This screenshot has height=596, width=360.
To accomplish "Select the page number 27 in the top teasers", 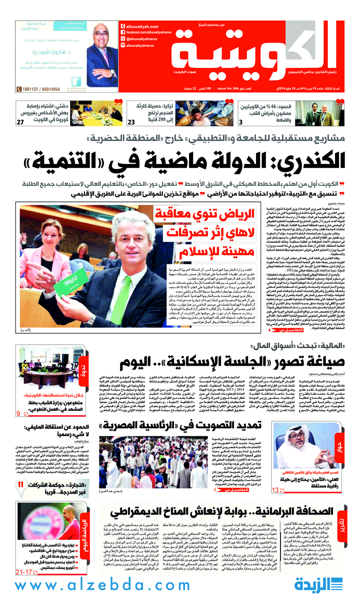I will [x=20, y=123].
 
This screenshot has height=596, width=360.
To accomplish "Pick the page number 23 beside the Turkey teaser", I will [x=131, y=123].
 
